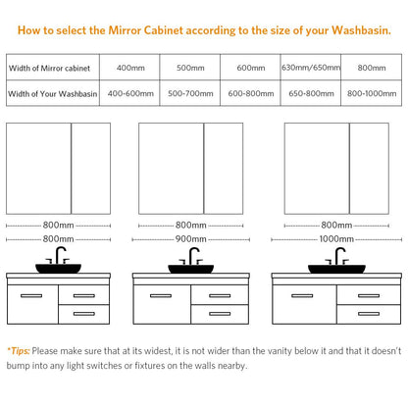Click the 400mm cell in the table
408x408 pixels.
[130, 68]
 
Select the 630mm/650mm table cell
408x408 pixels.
[311, 68]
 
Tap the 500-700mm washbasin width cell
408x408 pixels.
[190, 93]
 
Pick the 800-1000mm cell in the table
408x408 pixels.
[372, 93]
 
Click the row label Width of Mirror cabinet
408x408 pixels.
[49, 68]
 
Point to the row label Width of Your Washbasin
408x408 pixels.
[53, 94]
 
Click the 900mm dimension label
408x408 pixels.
[191, 239]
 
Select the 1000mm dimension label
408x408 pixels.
[336, 239]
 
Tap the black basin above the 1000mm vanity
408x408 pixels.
[336, 269]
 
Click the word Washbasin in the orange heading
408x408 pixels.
[361, 30]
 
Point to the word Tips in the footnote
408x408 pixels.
[20, 351]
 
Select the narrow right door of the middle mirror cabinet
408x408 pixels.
[224, 169]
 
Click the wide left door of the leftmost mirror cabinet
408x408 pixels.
[38, 169]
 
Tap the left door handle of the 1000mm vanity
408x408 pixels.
[302, 296]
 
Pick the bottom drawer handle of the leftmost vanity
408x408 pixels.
[84, 314]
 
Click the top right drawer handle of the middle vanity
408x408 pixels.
[220, 296]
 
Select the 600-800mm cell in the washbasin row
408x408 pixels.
[251, 93]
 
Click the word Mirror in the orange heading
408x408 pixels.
[125, 30]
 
